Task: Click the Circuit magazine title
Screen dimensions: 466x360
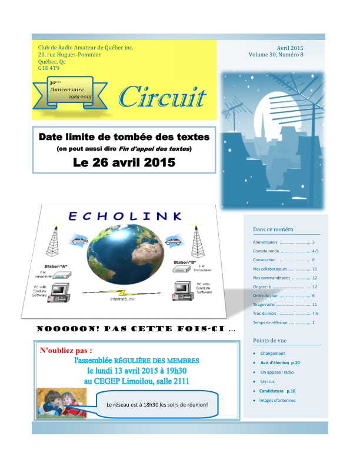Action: pos(162,98)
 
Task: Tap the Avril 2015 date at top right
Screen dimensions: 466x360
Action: pos(289,48)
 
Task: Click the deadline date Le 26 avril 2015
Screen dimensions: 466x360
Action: pos(124,162)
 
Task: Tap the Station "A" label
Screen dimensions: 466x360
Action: pos(56,267)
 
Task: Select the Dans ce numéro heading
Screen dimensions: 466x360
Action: pos(273,229)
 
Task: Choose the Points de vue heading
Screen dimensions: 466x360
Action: pos(269,341)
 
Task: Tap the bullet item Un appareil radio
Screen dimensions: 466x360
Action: pos(276,372)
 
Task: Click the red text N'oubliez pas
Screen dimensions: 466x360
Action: pos(66,351)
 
